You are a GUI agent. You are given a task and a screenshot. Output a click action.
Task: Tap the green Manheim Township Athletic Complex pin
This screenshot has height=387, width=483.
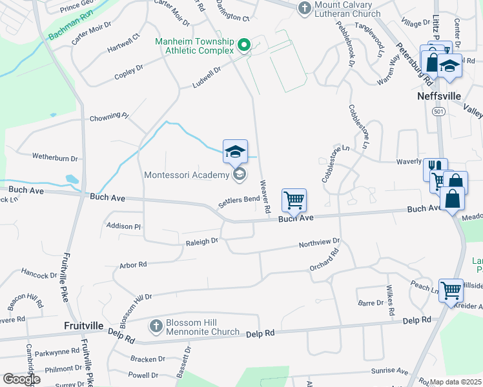point(244,45)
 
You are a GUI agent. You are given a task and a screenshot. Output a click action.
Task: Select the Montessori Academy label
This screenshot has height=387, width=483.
point(186,175)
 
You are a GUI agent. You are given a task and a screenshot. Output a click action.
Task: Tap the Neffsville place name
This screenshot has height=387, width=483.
point(439,96)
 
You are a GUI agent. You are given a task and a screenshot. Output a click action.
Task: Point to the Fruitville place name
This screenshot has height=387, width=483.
point(83,326)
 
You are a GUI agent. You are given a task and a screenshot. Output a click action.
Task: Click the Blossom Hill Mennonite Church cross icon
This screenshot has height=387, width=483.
point(155,326)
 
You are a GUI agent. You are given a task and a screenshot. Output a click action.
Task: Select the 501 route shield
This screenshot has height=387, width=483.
point(439,112)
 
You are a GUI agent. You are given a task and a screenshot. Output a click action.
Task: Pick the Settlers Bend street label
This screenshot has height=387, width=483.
point(238,202)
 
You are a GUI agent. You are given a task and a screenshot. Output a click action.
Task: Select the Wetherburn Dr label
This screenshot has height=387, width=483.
point(55,157)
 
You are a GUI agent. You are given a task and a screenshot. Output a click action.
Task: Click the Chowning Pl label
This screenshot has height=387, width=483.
point(109,117)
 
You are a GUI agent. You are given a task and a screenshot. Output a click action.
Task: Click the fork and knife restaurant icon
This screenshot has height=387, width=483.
point(435,169)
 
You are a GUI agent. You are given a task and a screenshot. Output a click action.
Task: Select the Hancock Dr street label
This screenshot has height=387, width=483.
point(39,273)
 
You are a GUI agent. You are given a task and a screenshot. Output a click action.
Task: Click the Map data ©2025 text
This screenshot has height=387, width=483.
point(455,382)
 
